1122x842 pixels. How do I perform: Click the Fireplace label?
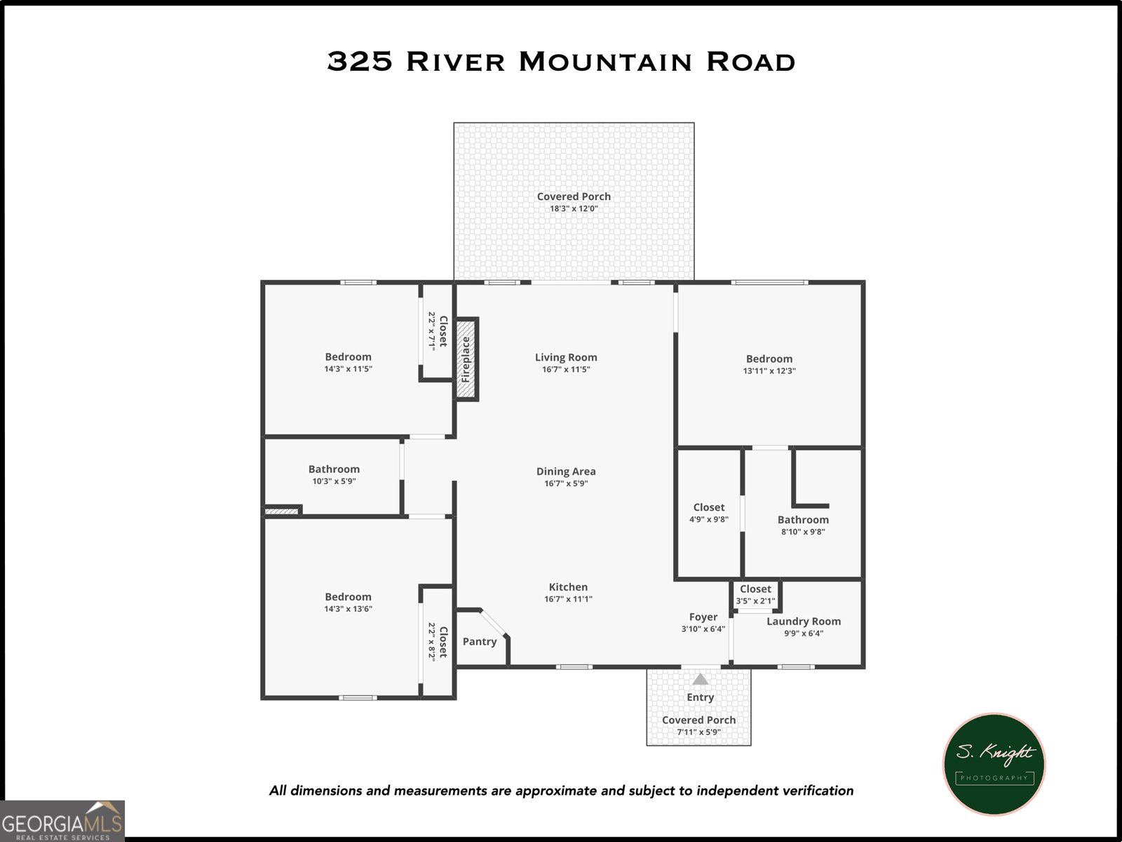466,359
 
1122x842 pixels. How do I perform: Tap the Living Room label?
566,357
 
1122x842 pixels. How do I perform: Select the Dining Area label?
566,472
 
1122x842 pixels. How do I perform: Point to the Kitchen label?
568,587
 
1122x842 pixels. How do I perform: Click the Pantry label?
480,641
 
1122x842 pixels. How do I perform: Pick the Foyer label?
703,617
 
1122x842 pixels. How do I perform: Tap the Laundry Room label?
804,621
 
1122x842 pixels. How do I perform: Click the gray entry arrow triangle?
701,679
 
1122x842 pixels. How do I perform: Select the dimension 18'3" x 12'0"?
574,208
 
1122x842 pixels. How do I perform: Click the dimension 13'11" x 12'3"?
769,370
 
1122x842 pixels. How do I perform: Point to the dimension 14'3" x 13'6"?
348,608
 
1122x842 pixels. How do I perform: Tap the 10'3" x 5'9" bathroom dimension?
334,481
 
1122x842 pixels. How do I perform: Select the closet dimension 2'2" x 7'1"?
432,330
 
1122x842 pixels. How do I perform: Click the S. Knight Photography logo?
994,764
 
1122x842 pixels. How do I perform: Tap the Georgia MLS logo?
62,821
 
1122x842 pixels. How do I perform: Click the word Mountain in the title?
605,62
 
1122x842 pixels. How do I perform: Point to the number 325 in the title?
360,62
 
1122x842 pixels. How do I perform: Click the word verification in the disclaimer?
818,791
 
